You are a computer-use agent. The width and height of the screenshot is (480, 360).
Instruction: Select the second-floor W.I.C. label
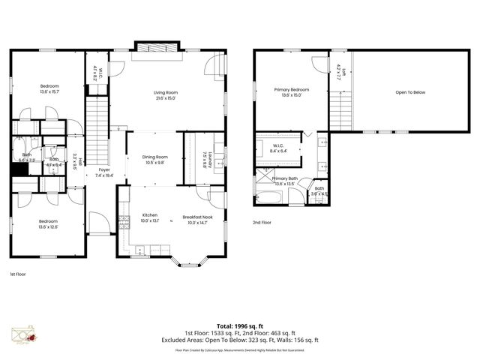coord(277,145)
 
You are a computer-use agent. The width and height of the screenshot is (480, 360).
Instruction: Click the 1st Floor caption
coord(17,274)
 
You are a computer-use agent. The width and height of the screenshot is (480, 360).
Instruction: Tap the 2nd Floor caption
coord(261,223)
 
